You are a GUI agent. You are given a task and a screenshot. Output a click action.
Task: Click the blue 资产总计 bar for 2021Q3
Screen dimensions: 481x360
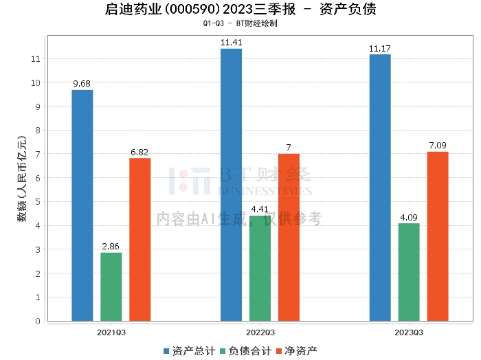pyautogui.click(x=82, y=205)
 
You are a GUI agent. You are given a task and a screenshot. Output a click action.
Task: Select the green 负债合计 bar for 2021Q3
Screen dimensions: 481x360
pyautogui.click(x=111, y=286)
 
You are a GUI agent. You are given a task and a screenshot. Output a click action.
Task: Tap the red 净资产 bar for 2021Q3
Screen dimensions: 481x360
pyautogui.click(x=140, y=240)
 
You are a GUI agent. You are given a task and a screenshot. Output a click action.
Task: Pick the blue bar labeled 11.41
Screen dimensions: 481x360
pyautogui.click(x=232, y=185)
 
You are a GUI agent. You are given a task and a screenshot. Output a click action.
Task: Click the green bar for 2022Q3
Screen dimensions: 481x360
pyautogui.click(x=260, y=269)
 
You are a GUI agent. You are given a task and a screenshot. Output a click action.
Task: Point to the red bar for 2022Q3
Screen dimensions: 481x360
pyautogui.click(x=289, y=237)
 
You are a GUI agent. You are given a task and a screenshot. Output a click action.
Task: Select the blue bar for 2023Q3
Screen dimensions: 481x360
pyautogui.click(x=380, y=188)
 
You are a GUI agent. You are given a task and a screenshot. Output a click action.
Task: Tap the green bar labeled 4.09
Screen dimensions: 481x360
pyautogui.click(x=409, y=272)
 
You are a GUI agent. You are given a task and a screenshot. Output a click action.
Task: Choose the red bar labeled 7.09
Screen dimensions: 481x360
pyautogui.click(x=438, y=236)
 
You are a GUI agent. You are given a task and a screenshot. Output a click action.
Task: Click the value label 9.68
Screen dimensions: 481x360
pyautogui.click(x=82, y=84)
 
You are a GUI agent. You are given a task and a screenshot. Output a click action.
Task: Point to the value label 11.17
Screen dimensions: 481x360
pyautogui.click(x=380, y=49)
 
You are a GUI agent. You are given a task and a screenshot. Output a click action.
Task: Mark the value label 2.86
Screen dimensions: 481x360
pyautogui.click(x=111, y=246)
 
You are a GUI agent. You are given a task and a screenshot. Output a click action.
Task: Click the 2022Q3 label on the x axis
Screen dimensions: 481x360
pyautogui.click(x=260, y=333)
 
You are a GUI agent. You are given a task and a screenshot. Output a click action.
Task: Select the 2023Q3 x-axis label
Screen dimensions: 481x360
pyautogui.click(x=409, y=333)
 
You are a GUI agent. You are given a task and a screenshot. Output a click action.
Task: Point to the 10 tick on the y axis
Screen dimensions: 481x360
pyautogui.click(x=36, y=82)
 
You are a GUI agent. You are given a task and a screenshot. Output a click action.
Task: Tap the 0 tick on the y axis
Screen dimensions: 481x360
pyautogui.click(x=38, y=321)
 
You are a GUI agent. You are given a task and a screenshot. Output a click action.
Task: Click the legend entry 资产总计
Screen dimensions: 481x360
pyautogui.click(x=190, y=351)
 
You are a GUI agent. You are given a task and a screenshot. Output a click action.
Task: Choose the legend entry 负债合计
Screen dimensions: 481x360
pyautogui.click(x=246, y=351)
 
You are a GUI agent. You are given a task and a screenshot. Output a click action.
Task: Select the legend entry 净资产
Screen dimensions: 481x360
pyautogui.click(x=297, y=351)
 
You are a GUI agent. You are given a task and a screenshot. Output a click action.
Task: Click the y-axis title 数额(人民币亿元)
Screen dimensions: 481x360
pyautogui.click(x=22, y=178)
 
